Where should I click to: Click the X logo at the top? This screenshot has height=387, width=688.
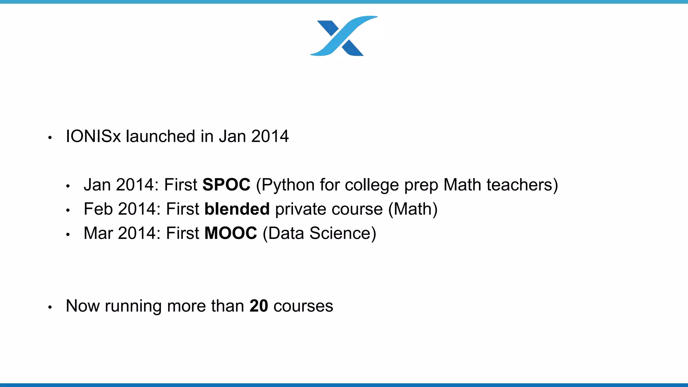tap(344, 36)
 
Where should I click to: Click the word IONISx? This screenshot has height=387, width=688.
tap(93, 136)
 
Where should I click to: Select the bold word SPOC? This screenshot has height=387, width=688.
tap(226, 185)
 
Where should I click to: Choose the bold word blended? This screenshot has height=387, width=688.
tap(237, 209)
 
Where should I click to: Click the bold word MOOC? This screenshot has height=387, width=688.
tap(230, 233)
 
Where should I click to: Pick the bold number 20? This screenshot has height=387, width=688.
tap(259, 306)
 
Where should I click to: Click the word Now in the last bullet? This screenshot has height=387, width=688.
tap(83, 306)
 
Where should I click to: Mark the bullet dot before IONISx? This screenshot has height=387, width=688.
tap(50, 137)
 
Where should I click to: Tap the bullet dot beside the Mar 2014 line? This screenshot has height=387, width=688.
tap(68, 234)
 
